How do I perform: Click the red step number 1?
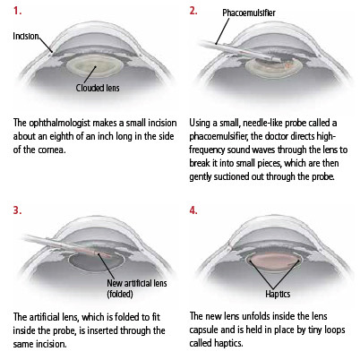point(17,11)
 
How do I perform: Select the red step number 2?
point(193,11)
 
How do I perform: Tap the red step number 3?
point(17,210)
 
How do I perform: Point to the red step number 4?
point(193,210)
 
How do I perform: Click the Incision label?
point(26,36)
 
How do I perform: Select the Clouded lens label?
point(98,88)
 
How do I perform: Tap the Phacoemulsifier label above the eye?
point(249,13)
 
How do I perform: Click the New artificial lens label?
point(137,283)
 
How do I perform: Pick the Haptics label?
point(278,294)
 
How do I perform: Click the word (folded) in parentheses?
point(120,294)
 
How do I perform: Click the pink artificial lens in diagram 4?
point(274,262)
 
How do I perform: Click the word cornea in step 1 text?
point(51,150)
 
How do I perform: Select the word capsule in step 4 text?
point(203,330)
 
